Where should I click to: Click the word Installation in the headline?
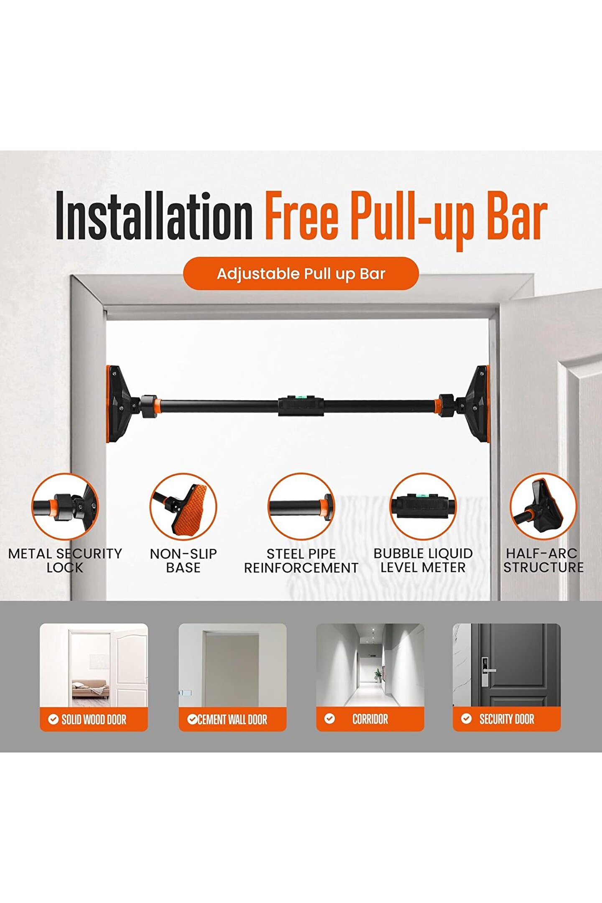click(x=154, y=216)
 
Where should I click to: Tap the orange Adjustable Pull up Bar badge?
click(x=301, y=273)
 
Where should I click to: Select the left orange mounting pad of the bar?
click(x=119, y=404)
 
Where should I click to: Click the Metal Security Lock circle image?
click(x=65, y=507)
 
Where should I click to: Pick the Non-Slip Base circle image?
click(x=183, y=507)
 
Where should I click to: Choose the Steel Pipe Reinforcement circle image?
click(x=301, y=507)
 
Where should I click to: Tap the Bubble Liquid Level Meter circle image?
click(x=423, y=507)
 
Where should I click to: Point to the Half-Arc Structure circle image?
click(x=543, y=507)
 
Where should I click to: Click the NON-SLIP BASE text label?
click(x=183, y=561)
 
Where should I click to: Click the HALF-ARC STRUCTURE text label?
click(x=543, y=561)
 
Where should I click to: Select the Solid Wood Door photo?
click(x=94, y=666)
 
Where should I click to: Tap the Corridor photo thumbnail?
click(x=370, y=666)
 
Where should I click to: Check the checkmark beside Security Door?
click(x=466, y=719)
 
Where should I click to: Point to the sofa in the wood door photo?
click(x=90, y=688)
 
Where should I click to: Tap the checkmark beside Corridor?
click(x=329, y=719)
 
